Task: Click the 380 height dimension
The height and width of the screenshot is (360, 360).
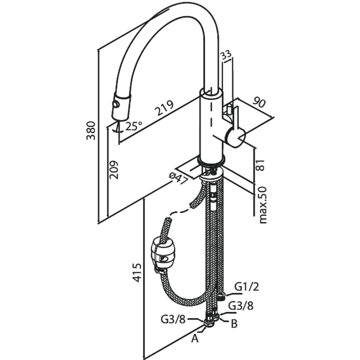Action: [x=91, y=130]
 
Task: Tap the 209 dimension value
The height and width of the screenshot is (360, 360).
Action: [x=114, y=170]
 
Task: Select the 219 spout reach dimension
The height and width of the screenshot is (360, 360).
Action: [x=164, y=108]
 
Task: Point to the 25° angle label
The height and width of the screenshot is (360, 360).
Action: [x=134, y=126]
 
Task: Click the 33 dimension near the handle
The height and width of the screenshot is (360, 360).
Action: [x=226, y=56]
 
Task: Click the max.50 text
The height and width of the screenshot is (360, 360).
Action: [x=262, y=205]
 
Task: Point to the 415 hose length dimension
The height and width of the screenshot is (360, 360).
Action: [x=137, y=273]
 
